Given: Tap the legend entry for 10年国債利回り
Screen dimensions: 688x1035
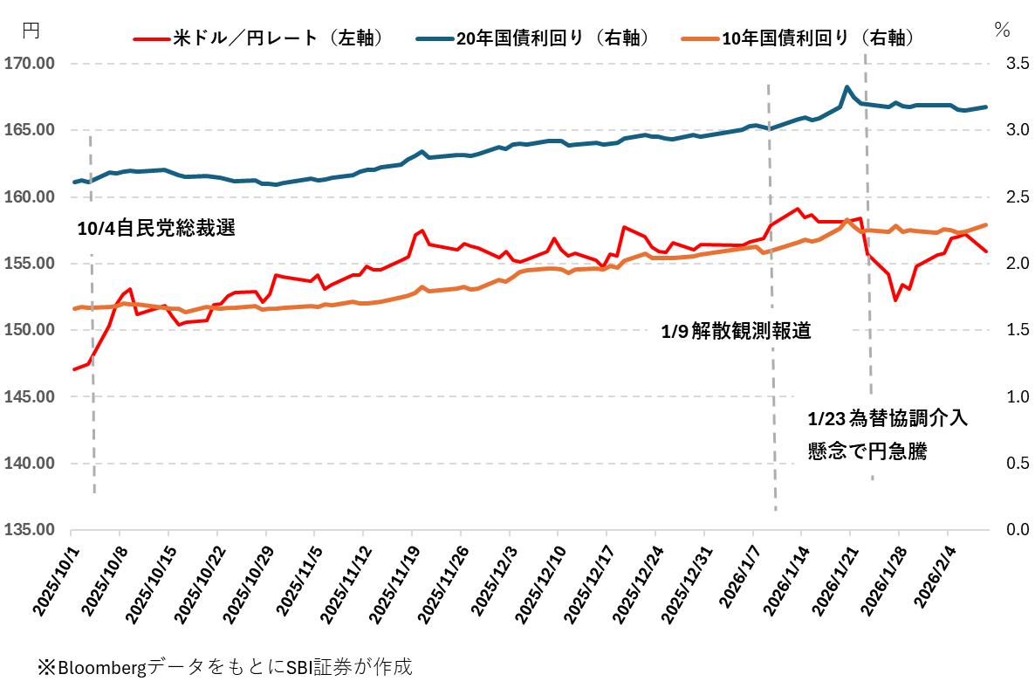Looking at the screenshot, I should point(812,38).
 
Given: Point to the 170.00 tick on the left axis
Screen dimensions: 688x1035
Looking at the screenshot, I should point(30,64).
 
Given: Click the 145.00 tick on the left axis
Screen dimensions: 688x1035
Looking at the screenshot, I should point(30,396).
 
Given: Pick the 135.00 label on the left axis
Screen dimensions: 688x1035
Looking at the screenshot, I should point(30,530).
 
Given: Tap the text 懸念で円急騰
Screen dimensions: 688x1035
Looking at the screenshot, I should point(867,451).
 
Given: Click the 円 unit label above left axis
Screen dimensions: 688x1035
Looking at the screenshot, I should point(31,30).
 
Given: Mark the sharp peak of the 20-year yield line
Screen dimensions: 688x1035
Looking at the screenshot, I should point(847,87).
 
